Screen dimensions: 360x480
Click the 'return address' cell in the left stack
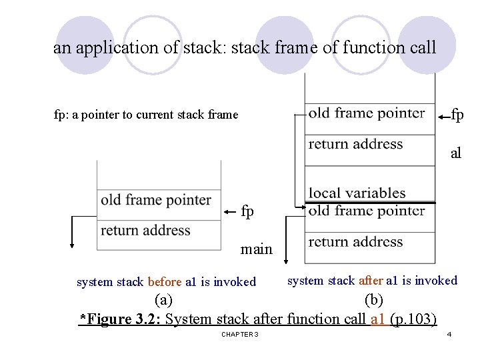[145, 231]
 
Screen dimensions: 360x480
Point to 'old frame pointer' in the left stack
[156, 200]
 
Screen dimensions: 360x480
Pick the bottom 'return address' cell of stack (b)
[356, 242]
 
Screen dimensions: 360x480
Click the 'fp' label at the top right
[457, 115]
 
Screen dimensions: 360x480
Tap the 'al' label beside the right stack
[456, 154]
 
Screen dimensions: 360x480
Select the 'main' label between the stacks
[257, 249]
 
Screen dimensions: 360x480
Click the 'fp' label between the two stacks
[247, 212]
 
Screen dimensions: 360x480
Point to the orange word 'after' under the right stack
[371, 281]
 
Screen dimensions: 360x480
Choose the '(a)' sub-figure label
[163, 299]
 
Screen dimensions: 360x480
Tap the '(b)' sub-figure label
[375, 299]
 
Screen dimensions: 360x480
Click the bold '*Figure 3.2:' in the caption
[120, 319]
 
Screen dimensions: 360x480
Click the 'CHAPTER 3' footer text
[240, 334]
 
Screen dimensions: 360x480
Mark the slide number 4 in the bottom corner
[449, 334]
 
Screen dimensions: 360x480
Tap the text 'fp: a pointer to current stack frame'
[145, 115]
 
